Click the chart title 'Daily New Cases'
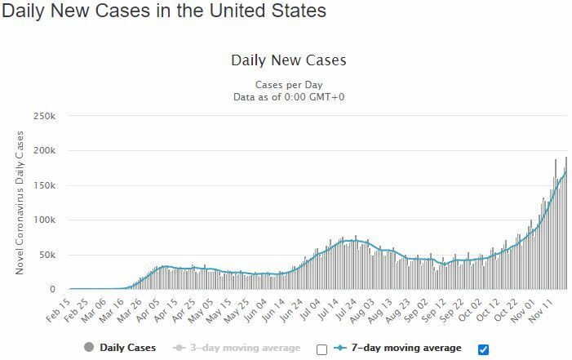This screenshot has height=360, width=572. click(289, 60)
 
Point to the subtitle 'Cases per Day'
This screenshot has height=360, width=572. click(289, 85)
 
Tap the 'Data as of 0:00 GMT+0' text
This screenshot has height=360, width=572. click(289, 97)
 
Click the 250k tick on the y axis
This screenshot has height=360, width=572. click(44, 116)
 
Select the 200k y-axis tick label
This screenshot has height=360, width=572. click(44, 151)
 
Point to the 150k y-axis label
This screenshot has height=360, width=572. click(44, 185)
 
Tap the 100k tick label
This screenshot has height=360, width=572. click(44, 220)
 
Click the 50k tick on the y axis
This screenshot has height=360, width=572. click(47, 255)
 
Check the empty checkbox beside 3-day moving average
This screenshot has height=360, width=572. click(321, 349)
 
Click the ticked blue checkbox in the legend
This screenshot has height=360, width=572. click(483, 349)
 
